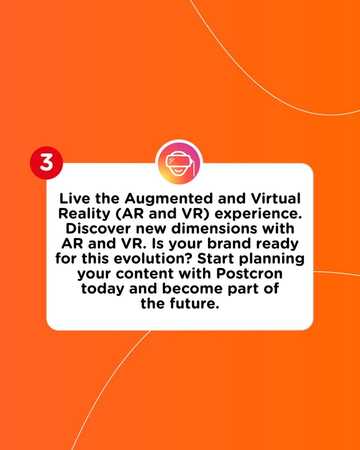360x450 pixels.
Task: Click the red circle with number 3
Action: (46, 163)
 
